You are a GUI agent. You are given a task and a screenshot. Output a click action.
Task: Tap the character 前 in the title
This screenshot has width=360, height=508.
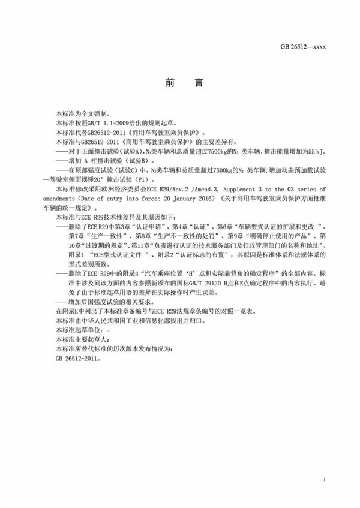coord(170,84)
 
